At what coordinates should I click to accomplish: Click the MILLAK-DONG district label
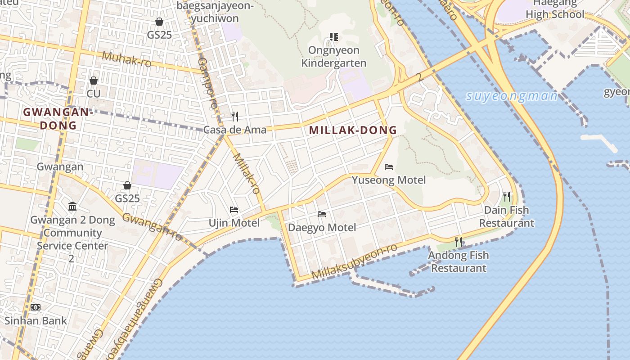[x=353, y=130]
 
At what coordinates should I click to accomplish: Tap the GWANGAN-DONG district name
[x=58, y=119]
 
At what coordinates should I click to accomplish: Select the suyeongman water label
[x=512, y=96]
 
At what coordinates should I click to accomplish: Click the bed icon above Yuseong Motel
[x=389, y=167]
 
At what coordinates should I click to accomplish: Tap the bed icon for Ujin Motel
[x=234, y=210]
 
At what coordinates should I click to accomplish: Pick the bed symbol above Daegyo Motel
[x=322, y=214]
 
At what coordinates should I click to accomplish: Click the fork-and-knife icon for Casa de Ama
[x=235, y=117]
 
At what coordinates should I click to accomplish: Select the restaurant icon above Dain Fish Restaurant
[x=507, y=197]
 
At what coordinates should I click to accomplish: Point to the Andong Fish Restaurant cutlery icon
[x=459, y=242]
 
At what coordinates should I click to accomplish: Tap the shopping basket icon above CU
[x=94, y=81]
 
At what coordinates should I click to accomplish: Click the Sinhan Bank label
[x=36, y=321]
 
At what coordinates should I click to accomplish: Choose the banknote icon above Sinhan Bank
[x=36, y=307]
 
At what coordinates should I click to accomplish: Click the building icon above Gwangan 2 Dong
[x=72, y=207]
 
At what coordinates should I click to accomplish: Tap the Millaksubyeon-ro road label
[x=355, y=261]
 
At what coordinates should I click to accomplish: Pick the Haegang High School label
[x=554, y=9]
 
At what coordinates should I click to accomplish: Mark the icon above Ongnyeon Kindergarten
[x=333, y=36]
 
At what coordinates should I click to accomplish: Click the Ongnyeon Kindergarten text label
[x=333, y=56]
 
